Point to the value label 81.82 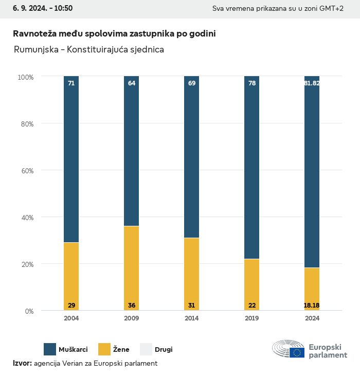click(312, 83)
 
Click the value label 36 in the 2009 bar click(132, 306)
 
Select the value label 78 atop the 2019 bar click(251, 83)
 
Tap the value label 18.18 click(312, 306)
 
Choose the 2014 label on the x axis click(191, 318)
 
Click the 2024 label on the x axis click(312, 318)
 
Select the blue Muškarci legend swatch click(50, 349)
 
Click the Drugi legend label click(164, 350)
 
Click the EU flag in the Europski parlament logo click(297, 352)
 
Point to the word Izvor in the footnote click(22, 363)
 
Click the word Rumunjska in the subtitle click(34, 50)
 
